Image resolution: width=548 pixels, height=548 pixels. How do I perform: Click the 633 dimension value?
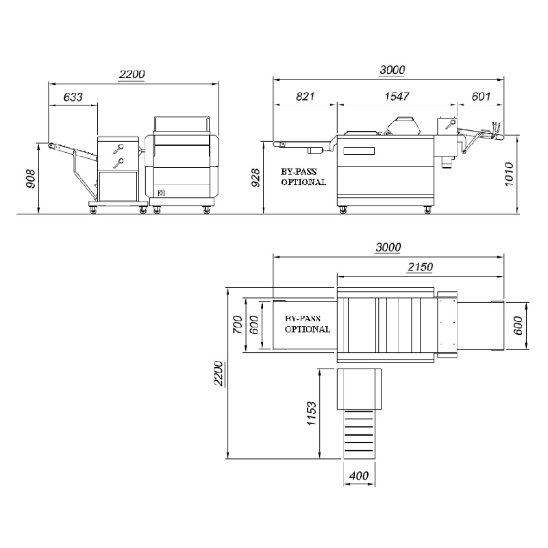pyautogui.click(x=73, y=97)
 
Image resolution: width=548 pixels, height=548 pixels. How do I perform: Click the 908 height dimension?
pyautogui.click(x=31, y=179)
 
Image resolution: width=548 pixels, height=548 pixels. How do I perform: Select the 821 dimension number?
pyautogui.click(x=305, y=96)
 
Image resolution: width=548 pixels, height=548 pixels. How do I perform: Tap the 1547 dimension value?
pyautogui.click(x=397, y=96)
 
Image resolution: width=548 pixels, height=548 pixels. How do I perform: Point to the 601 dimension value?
pyautogui.click(x=481, y=96)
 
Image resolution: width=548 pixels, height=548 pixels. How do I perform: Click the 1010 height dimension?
pyautogui.click(x=509, y=174)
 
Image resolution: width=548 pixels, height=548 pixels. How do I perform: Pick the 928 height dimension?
pyautogui.click(x=256, y=177)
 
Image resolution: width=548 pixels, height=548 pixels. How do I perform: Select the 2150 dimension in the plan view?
pyautogui.click(x=420, y=267)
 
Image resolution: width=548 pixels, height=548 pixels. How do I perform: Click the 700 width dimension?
pyautogui.click(x=237, y=324)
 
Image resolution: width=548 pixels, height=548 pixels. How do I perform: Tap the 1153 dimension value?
pyautogui.click(x=311, y=413)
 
